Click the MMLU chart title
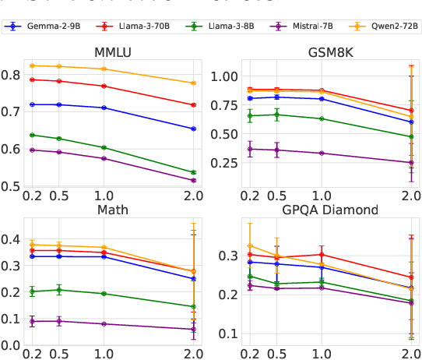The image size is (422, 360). (113, 52)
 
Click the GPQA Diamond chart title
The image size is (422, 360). (318, 210)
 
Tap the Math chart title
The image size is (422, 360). (113, 210)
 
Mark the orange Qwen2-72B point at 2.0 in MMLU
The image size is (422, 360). (194, 83)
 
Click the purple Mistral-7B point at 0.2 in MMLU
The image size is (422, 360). (32, 150)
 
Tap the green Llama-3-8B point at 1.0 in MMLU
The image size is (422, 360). (104, 147)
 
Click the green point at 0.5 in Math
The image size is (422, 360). (58, 290)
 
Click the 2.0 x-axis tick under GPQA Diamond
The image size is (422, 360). (411, 352)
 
